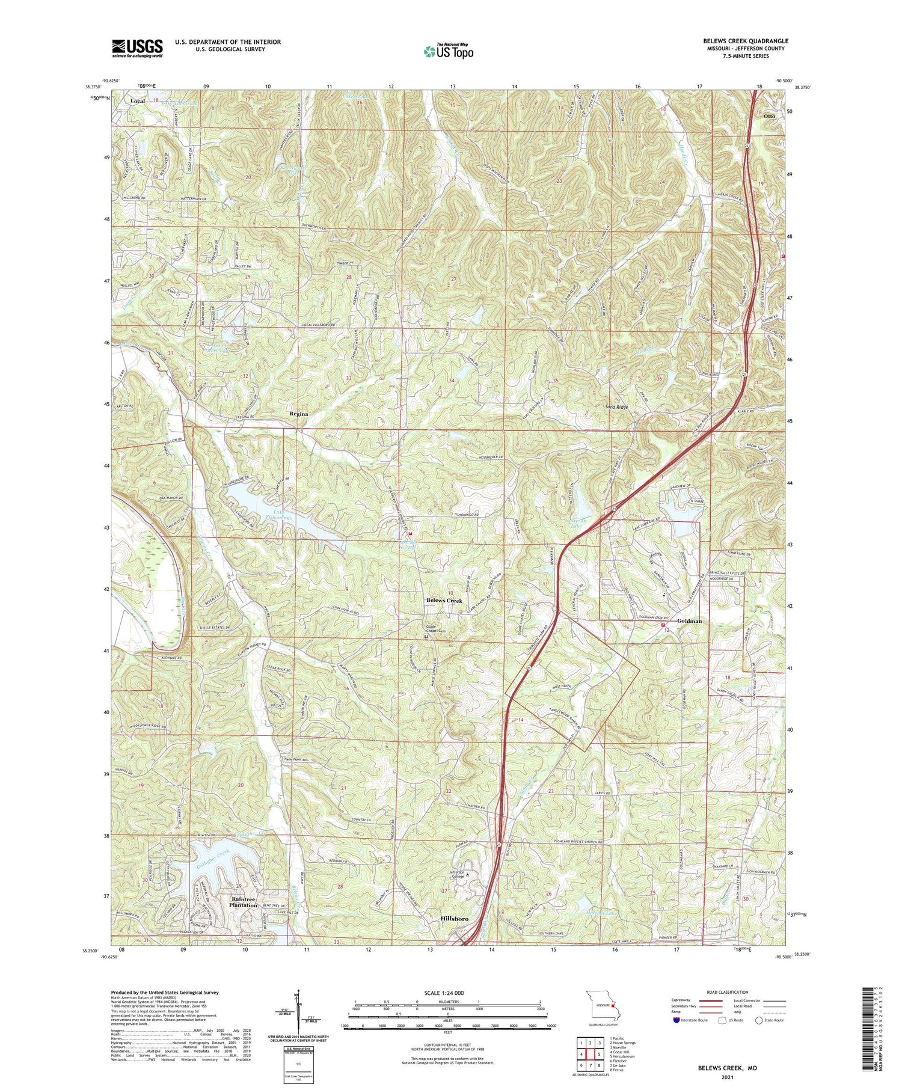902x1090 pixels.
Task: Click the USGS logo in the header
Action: point(137,48)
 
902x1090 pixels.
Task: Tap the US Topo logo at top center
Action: point(448,52)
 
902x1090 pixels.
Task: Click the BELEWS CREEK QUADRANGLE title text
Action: point(746,41)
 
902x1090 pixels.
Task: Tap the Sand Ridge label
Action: point(616,407)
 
